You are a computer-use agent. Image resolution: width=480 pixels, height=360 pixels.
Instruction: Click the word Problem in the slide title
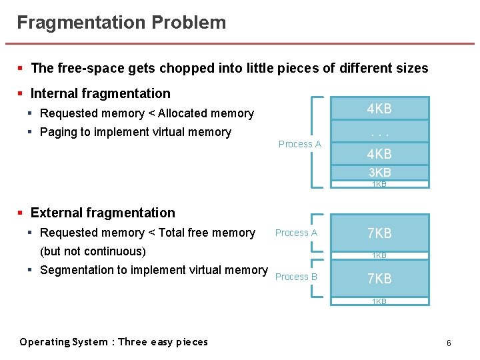click(189, 23)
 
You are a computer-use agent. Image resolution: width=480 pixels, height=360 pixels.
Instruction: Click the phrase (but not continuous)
click(93, 251)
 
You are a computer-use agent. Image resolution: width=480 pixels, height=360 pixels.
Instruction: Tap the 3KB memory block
click(379, 173)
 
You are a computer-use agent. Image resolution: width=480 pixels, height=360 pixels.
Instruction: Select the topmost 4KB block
click(379, 109)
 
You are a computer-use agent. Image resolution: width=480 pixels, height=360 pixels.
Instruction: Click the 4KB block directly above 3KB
click(379, 154)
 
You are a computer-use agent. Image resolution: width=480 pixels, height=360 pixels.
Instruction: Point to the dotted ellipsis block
click(379, 132)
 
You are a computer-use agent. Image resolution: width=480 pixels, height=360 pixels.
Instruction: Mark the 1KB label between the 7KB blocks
click(379, 255)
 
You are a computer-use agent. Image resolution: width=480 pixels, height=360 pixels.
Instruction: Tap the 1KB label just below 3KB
click(379, 184)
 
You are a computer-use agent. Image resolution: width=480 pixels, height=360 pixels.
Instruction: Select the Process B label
click(296, 277)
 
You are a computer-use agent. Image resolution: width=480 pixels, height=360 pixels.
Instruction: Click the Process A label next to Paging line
click(299, 144)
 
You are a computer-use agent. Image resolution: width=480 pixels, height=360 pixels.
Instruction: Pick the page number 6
click(449, 343)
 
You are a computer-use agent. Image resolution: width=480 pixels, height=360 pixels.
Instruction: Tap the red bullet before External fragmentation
click(21, 213)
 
